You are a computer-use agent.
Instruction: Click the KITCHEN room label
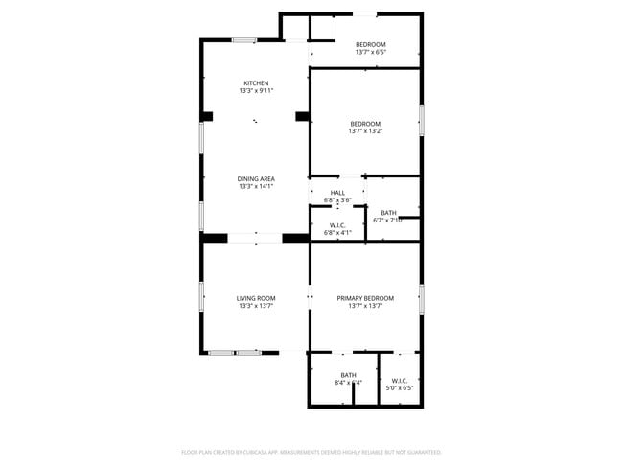(256, 82)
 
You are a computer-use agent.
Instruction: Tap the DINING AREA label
(256, 178)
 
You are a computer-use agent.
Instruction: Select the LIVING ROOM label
(256, 299)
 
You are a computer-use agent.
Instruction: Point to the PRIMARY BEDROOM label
(365, 299)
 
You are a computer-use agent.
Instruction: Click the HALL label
(337, 193)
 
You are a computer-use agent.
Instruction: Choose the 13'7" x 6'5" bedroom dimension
(370, 53)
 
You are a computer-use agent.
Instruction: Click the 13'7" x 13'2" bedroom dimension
(365, 131)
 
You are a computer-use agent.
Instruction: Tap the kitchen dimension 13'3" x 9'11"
(256, 91)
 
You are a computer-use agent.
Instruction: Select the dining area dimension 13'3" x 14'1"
(256, 186)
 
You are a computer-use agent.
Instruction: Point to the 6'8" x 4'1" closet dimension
(337, 233)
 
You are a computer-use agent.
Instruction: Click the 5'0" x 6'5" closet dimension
(400, 389)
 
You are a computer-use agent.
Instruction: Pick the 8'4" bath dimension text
(347, 383)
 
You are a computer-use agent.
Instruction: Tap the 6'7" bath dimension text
(387, 221)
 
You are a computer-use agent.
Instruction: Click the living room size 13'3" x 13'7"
(256, 307)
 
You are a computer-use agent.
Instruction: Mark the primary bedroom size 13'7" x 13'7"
(365, 307)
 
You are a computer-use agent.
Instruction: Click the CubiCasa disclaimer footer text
(311, 451)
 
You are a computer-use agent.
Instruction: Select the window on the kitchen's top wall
(243, 39)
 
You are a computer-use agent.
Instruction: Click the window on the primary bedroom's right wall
(421, 298)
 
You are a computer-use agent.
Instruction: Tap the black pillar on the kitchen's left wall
(206, 117)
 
